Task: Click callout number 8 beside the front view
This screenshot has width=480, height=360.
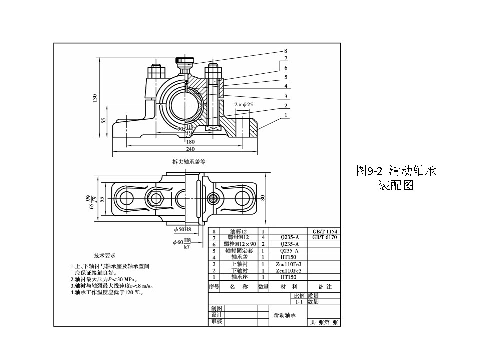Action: click(x=286, y=51)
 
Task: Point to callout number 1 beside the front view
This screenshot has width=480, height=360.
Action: click(x=286, y=115)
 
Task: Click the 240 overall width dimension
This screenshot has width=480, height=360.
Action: click(x=190, y=149)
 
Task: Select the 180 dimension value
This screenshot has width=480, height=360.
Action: click(x=190, y=142)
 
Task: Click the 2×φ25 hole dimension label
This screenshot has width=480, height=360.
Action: click(x=244, y=104)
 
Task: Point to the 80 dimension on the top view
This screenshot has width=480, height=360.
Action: click(x=262, y=197)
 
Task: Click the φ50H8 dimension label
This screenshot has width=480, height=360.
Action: click(x=182, y=229)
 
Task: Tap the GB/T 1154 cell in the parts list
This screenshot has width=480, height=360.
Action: click(x=325, y=232)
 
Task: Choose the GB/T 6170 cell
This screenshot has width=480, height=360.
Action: click(x=325, y=237)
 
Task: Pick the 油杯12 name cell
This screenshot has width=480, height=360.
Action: click(x=239, y=232)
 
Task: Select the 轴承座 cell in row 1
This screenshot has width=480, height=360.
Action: click(x=239, y=276)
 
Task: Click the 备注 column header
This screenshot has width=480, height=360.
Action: click(x=325, y=287)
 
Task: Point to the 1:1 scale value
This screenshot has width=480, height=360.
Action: click(x=299, y=302)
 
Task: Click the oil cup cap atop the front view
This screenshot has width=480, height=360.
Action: click(x=184, y=61)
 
